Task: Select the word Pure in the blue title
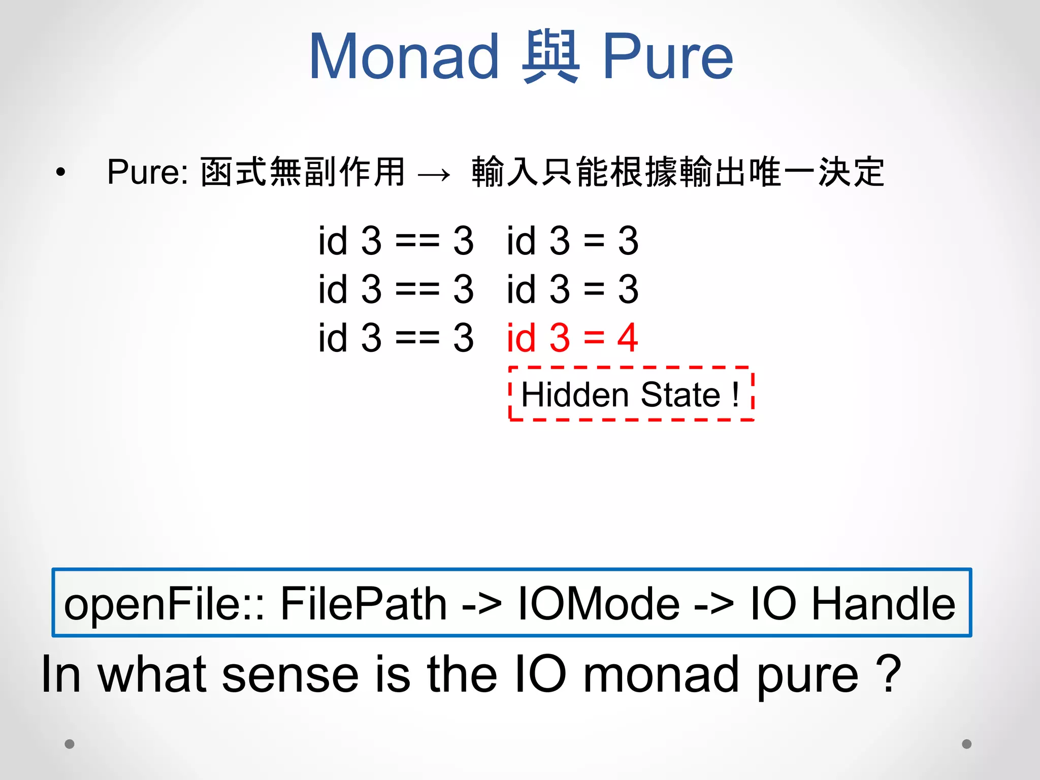(668, 57)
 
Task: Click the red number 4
(628, 338)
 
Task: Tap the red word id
(521, 338)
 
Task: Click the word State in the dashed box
(680, 395)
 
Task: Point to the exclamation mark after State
(735, 395)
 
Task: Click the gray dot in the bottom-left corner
(70, 744)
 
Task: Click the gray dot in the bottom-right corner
(967, 744)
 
